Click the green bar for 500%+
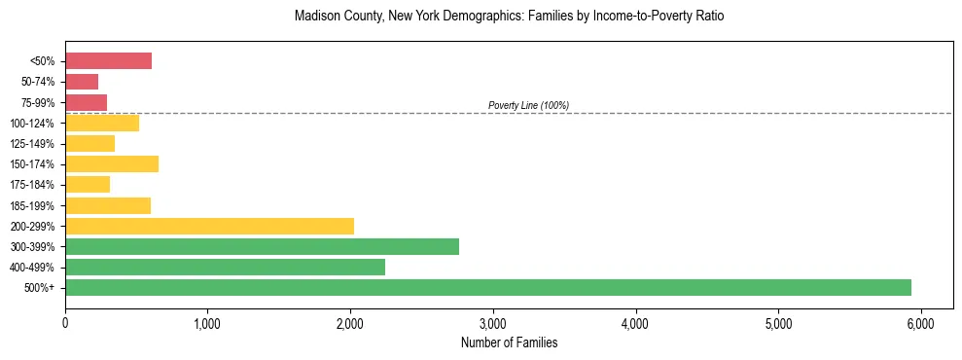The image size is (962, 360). pos(487,287)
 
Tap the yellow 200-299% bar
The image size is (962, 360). pos(209,226)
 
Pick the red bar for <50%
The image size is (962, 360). pos(108,61)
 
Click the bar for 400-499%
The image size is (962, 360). pos(225,267)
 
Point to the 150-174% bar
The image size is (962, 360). pos(112,164)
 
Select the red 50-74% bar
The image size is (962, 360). pos(82,82)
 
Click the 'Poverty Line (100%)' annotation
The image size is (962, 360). pos(528,105)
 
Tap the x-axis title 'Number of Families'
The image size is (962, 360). pos(509,342)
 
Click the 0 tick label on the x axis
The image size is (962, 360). pos(65,322)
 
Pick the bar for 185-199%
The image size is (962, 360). pos(108,205)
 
